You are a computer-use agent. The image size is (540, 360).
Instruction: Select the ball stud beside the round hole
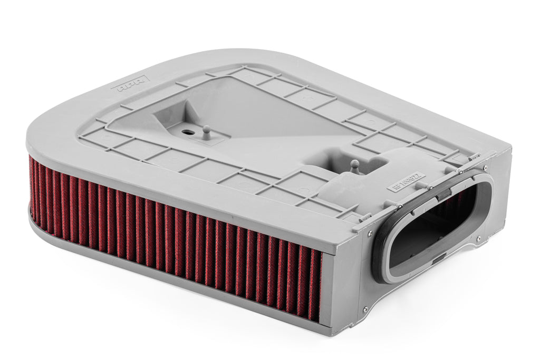[207, 132]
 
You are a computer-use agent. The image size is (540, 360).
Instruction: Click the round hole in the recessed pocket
[188, 129]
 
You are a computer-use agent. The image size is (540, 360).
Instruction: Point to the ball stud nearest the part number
[355, 166]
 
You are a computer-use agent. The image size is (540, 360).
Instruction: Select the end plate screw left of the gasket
[369, 232]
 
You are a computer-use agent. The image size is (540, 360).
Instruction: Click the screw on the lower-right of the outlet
[478, 238]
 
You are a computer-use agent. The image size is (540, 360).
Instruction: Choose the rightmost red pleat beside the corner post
[315, 285]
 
